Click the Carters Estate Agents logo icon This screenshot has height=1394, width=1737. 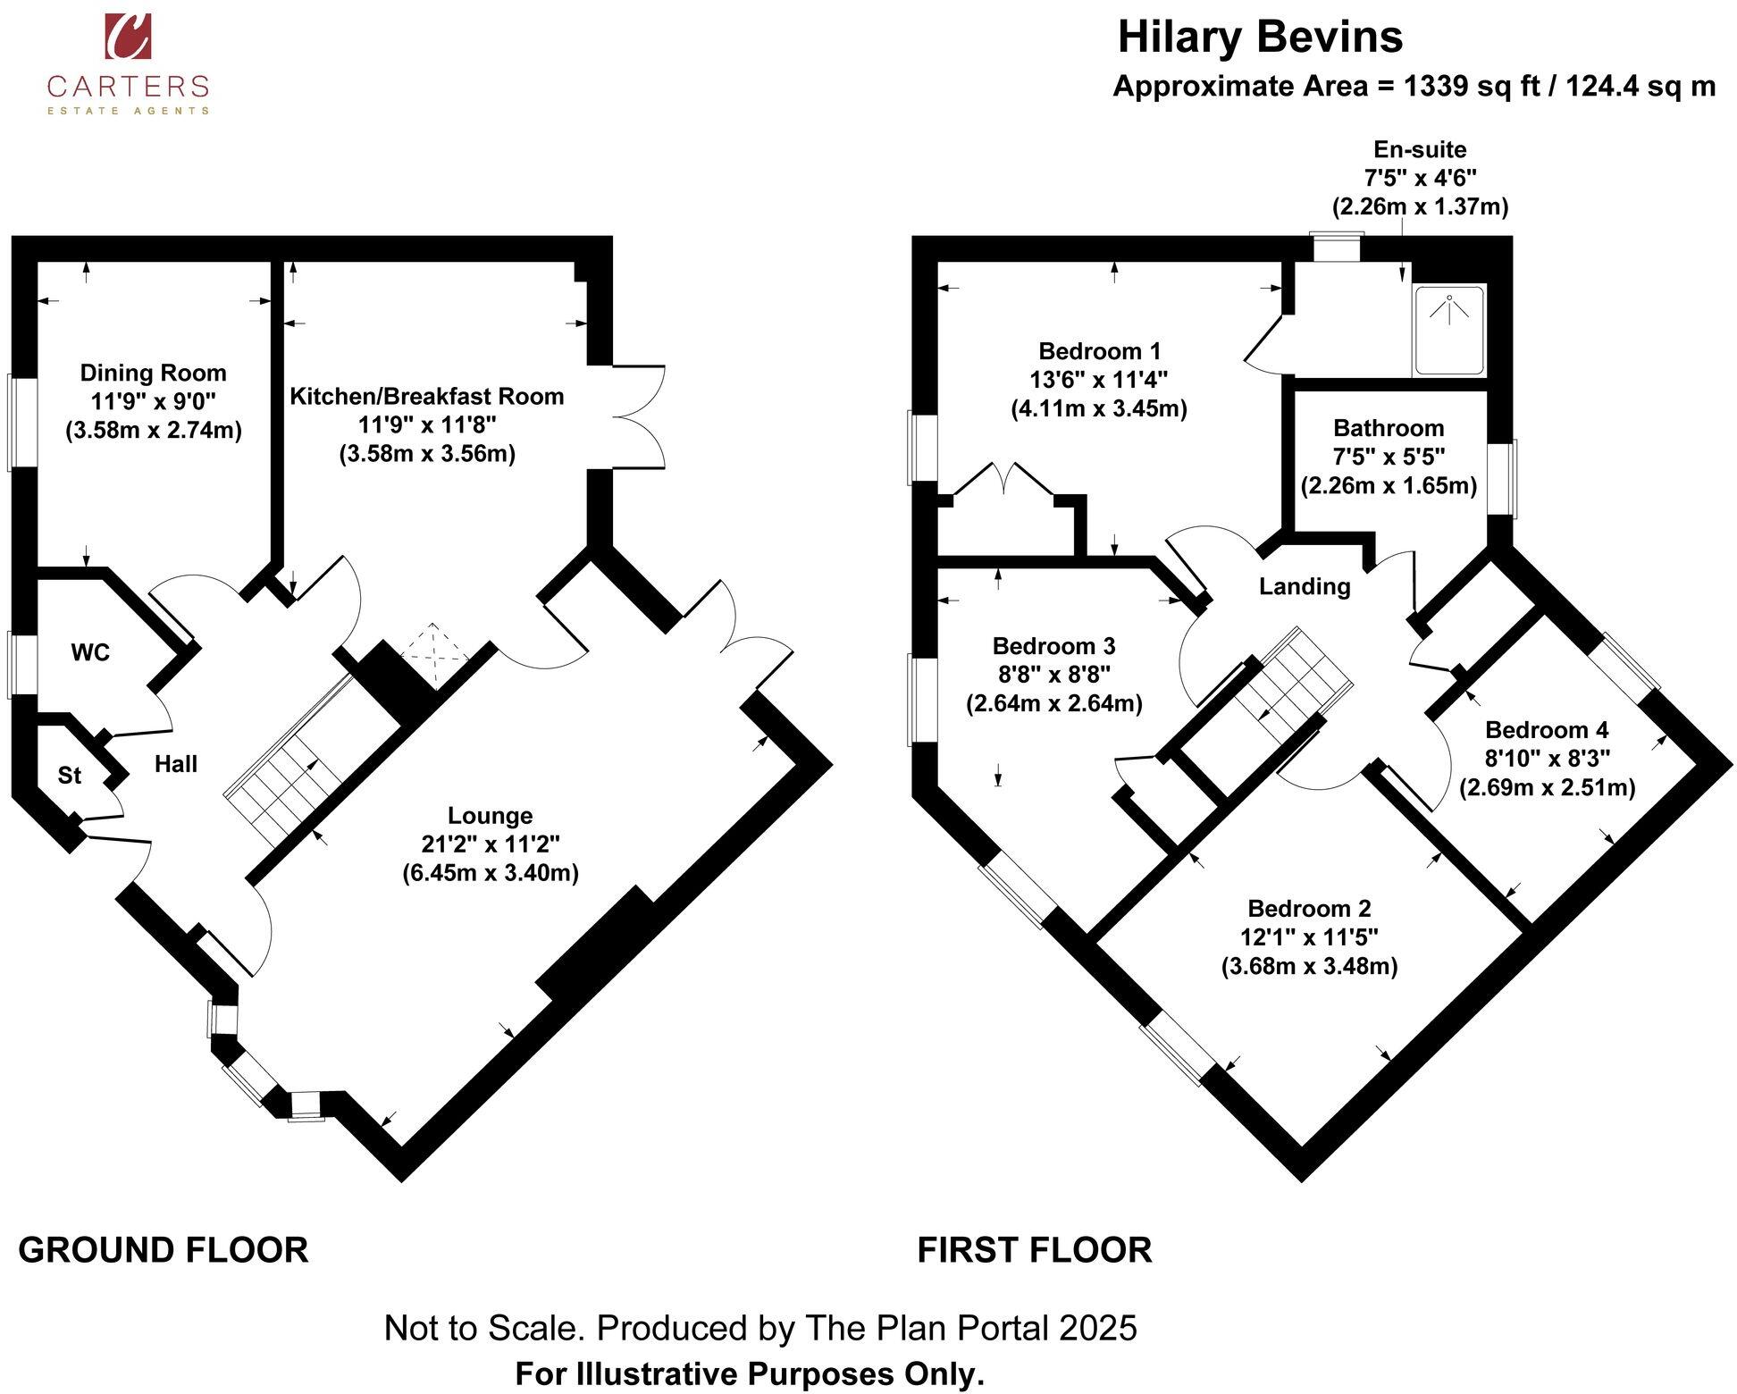(x=129, y=36)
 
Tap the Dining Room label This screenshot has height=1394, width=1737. (x=154, y=373)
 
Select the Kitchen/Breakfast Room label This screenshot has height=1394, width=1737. (x=427, y=396)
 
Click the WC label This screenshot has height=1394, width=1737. (x=90, y=652)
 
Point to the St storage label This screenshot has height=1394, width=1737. (x=70, y=776)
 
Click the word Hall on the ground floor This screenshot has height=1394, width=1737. (x=176, y=764)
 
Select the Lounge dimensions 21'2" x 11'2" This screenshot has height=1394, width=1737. (x=491, y=844)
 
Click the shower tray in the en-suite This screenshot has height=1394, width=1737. (x=1448, y=331)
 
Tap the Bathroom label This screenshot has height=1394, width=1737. (x=1389, y=428)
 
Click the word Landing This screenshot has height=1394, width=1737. (x=1305, y=586)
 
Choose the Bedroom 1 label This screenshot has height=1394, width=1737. (x=1100, y=350)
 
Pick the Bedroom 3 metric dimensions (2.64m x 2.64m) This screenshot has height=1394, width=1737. (x=1054, y=703)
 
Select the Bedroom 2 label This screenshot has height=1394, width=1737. (x=1309, y=909)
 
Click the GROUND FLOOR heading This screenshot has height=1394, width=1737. (x=164, y=1250)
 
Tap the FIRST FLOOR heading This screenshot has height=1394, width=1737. (x=1035, y=1250)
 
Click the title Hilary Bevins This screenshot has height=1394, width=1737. (x=1260, y=38)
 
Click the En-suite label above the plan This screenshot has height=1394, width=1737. (x=1420, y=149)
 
